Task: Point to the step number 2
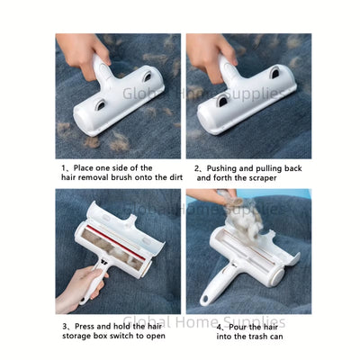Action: pyautogui.click(x=198, y=167)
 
